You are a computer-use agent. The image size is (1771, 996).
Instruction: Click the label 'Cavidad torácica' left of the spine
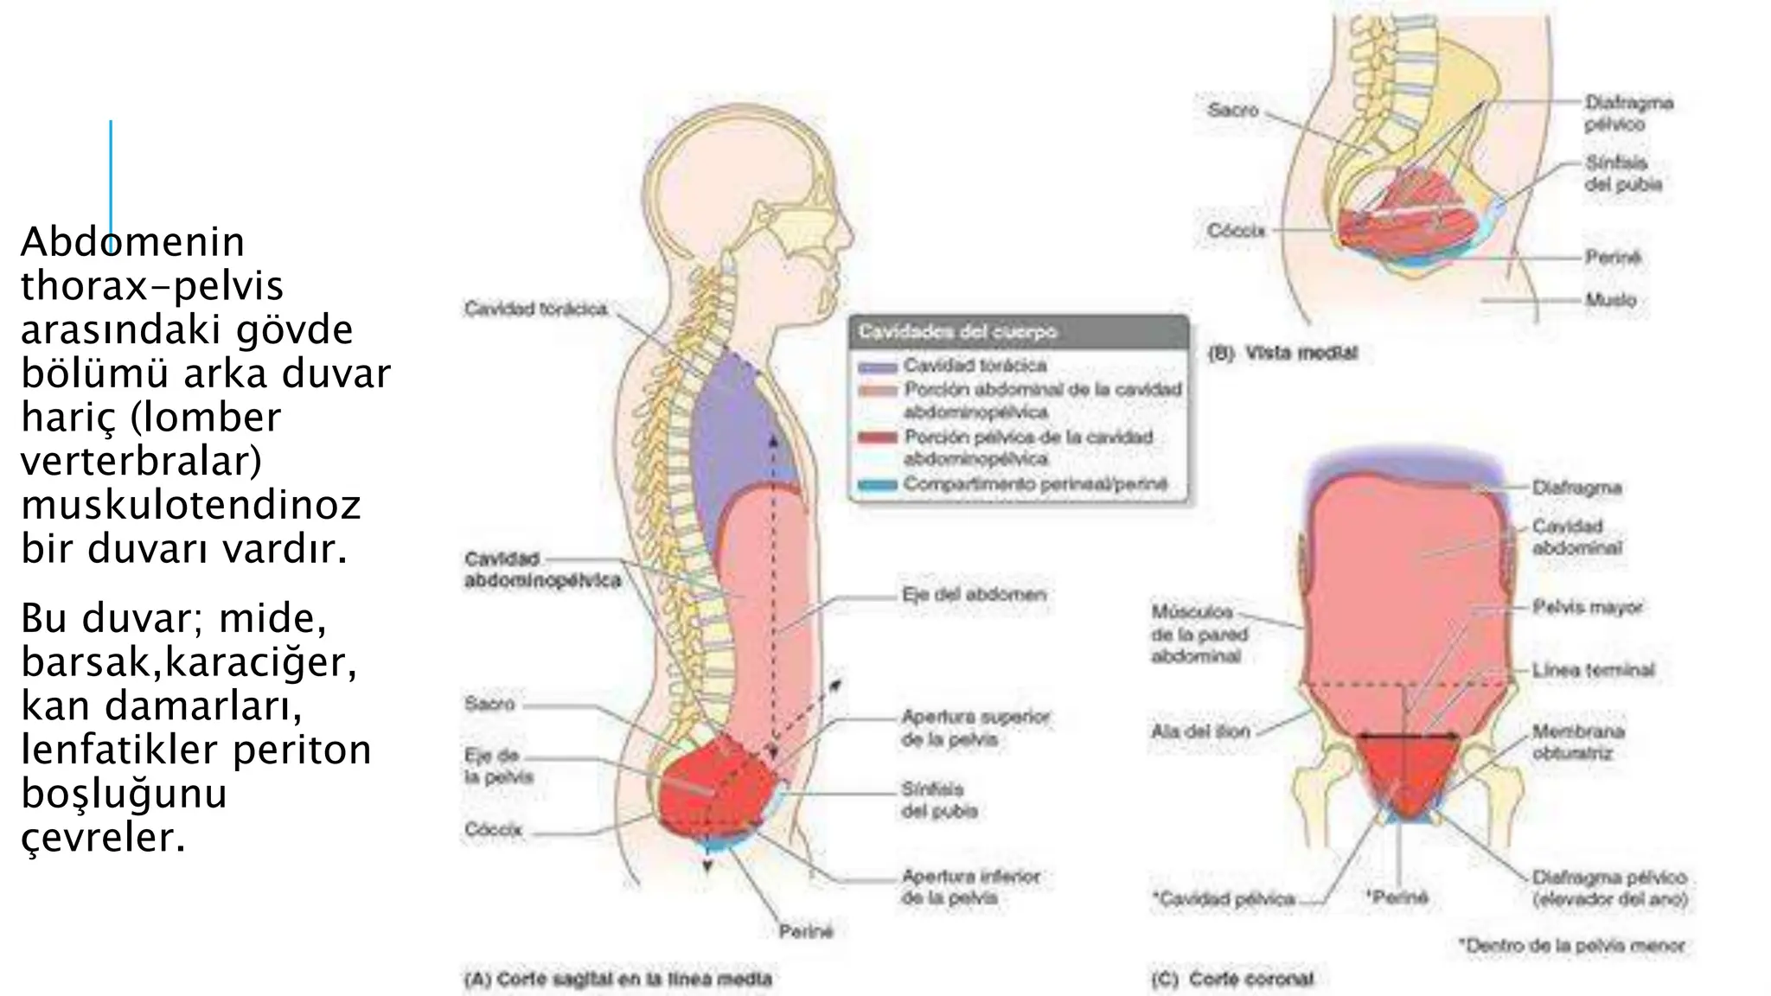(535, 310)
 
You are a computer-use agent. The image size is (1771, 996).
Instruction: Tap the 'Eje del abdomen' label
(974, 595)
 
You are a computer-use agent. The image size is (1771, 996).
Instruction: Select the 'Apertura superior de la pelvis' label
(975, 728)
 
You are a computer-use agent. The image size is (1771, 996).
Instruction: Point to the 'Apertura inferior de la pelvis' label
(970, 887)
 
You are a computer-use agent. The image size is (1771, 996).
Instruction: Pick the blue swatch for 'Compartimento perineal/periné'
(876, 485)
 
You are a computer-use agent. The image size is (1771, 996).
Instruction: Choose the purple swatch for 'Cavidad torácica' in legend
(876, 367)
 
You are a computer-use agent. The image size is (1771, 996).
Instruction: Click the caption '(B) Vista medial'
(1282, 353)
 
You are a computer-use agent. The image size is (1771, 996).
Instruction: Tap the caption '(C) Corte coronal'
(1233, 979)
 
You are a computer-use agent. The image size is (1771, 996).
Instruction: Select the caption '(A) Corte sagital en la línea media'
(617, 979)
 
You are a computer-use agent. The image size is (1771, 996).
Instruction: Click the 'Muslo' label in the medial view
(1610, 300)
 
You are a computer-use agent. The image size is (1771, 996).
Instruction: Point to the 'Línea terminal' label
(1593, 670)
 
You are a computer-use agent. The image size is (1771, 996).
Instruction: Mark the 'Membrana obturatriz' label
(1578, 742)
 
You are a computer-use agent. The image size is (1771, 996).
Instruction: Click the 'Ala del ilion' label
(1200, 731)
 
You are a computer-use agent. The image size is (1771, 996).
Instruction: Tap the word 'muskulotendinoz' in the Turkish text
(191, 505)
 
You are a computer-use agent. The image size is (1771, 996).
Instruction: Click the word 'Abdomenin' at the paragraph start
(132, 242)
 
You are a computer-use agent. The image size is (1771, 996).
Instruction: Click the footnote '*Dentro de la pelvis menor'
(1571, 946)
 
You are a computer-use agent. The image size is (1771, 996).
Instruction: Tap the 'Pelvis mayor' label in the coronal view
(1587, 608)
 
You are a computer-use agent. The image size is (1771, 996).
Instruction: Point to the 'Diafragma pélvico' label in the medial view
(1628, 113)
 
